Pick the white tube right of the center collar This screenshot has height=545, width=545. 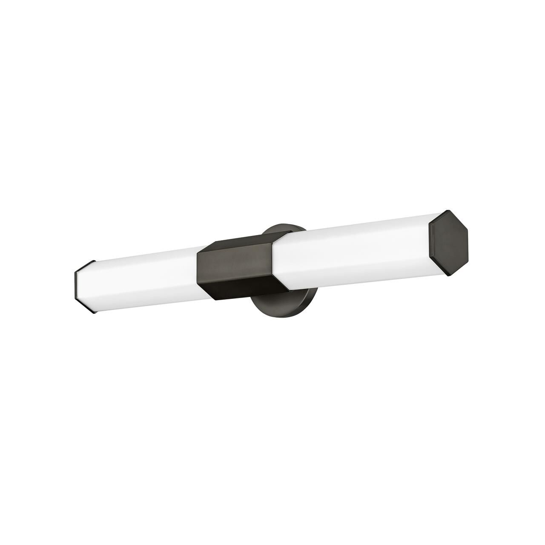point(353,253)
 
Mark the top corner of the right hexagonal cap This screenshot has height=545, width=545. point(447,211)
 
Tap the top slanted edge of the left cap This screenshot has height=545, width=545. point(84,267)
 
